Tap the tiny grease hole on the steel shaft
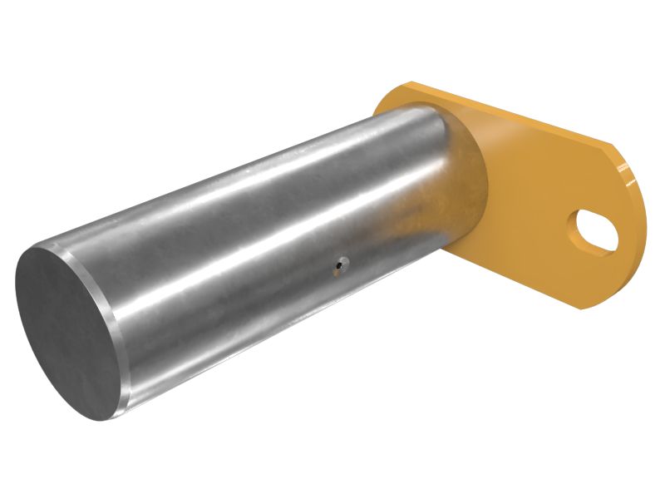pos(340,265)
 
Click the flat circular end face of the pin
pos(66,333)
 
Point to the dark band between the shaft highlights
pos(249,249)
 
